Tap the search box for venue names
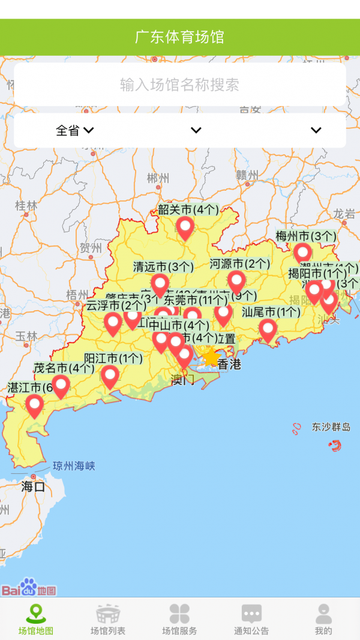pos(179,85)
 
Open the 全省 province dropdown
pos(74,130)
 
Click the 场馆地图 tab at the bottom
pos(35,620)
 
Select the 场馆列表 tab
pos(108,620)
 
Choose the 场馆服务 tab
pos(179,620)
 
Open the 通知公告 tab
pos(251,620)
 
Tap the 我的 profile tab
pos(323,620)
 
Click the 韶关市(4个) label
pos(188,210)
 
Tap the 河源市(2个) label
pos(240,264)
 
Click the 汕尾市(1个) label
pos(271,312)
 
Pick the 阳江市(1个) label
pos(113,359)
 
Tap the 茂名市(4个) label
pos(64,368)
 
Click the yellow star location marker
pos(211,358)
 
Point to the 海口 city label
pos(33,486)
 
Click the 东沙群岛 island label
pos(331,428)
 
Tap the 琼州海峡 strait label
pos(74,466)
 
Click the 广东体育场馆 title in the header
pos(179,37)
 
